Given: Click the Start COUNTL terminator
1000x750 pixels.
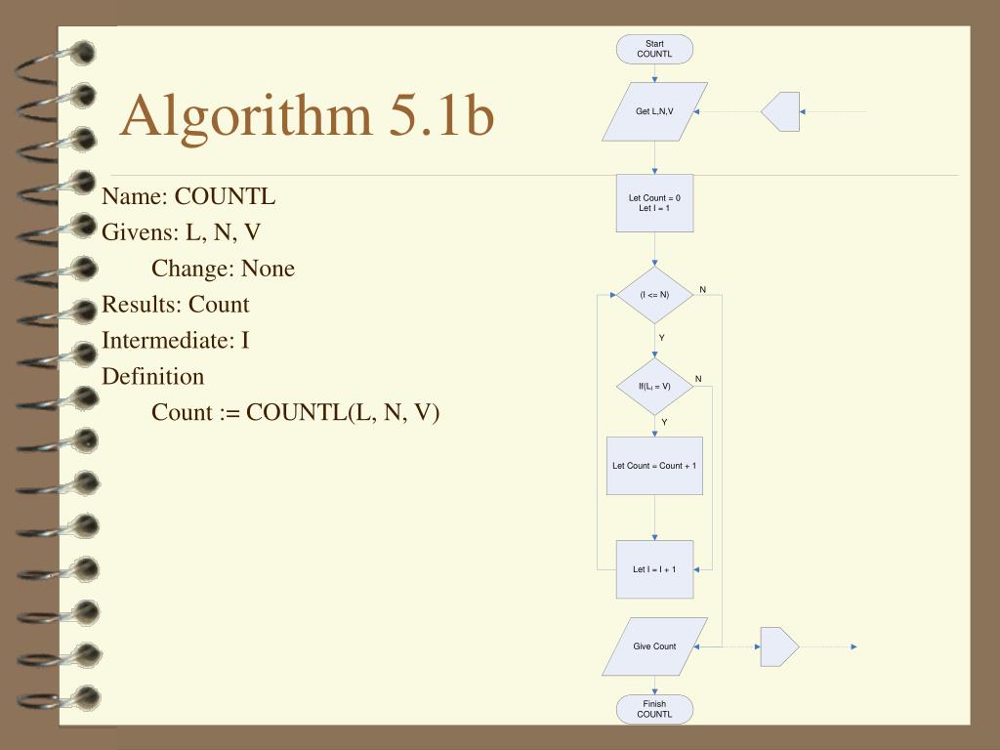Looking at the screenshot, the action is tap(654, 49).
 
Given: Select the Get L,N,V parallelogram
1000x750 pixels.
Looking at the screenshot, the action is tap(654, 111).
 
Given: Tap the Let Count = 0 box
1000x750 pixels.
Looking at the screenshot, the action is tap(654, 203).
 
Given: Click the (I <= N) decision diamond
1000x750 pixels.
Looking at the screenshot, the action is tap(654, 295).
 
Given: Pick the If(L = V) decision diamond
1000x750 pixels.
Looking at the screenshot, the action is tap(654, 386).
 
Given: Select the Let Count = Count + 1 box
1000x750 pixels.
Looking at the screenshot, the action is tap(654, 466).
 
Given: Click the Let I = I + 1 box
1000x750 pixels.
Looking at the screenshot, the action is tap(654, 569).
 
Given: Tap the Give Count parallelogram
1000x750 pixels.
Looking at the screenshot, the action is tap(654, 646).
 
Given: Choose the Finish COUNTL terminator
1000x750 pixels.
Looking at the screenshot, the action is tap(654, 709).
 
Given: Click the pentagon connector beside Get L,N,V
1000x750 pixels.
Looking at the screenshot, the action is tap(781, 111).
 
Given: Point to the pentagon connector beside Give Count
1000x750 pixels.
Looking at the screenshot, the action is tap(778, 646).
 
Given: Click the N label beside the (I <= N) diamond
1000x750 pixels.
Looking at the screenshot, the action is tap(702, 290).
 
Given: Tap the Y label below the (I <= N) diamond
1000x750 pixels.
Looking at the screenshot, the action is tap(661, 338).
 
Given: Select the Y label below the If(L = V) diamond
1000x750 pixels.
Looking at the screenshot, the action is tap(664, 422).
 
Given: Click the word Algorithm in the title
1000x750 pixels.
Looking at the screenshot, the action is tap(245, 116).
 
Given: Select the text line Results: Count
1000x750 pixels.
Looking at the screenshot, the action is tap(176, 305).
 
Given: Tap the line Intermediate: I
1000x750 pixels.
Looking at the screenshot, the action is tap(176, 341).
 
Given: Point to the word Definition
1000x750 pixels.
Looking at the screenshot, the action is tap(153, 377).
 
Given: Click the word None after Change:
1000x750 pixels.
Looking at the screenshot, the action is tap(268, 269).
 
